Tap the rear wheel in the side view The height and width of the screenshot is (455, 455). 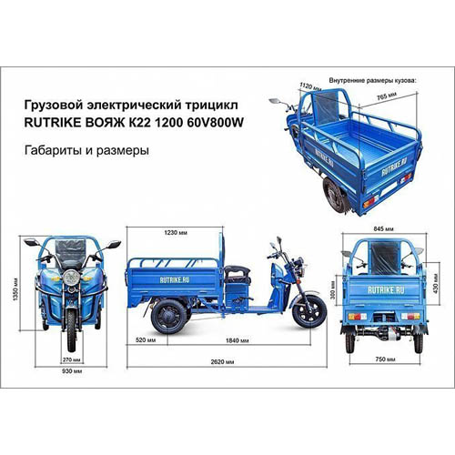[169, 317]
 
